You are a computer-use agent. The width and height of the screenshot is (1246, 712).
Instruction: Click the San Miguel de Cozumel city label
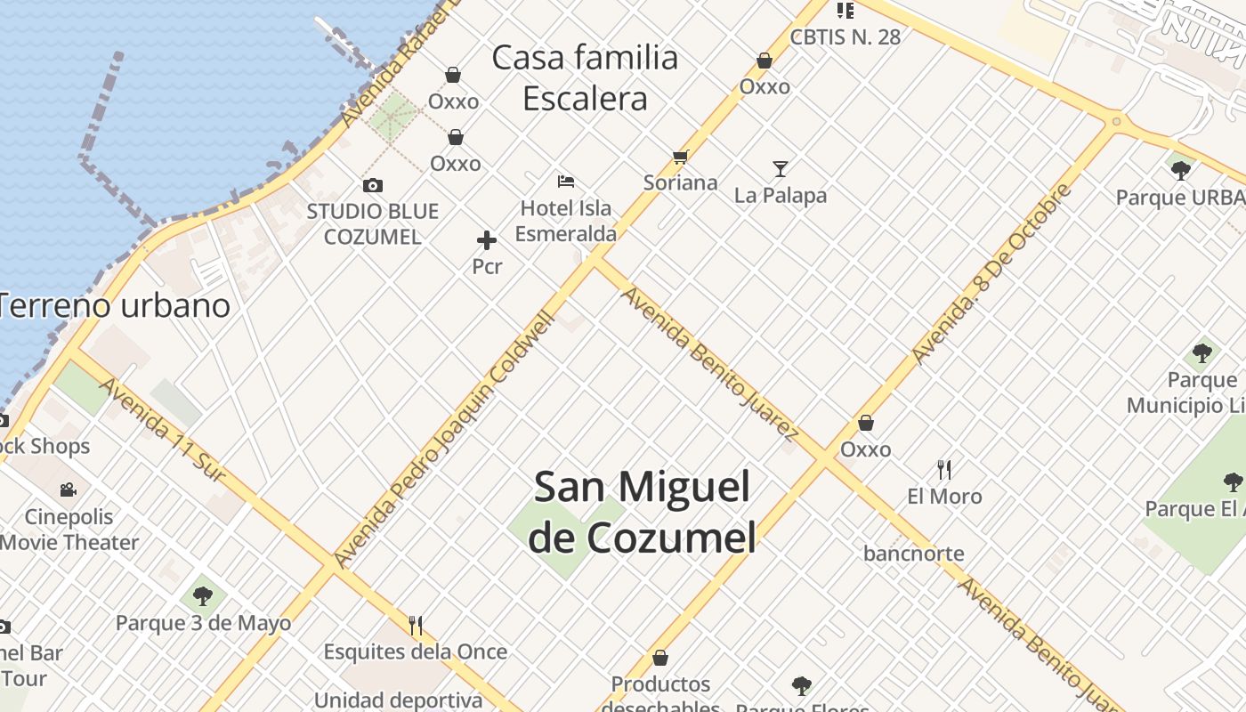click(x=643, y=512)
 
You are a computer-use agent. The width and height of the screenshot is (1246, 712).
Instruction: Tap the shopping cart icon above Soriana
click(x=681, y=158)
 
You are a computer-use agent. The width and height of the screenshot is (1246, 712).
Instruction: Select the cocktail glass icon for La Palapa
click(x=781, y=168)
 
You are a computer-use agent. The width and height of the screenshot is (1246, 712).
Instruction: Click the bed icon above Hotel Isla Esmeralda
click(x=565, y=182)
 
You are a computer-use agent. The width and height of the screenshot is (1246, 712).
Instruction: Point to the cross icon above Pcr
click(x=487, y=240)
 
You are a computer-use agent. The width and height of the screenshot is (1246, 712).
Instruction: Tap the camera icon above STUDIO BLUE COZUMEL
click(x=373, y=185)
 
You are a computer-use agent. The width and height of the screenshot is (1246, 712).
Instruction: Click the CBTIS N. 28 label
click(x=845, y=36)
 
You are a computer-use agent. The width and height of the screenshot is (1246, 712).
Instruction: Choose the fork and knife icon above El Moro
click(x=944, y=469)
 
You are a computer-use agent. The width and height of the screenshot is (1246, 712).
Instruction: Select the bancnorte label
click(x=913, y=554)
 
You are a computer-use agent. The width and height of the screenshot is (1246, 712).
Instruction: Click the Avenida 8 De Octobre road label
click(x=991, y=272)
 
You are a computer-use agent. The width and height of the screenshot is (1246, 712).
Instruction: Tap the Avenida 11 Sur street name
click(x=162, y=430)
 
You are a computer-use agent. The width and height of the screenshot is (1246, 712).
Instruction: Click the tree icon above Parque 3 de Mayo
click(x=203, y=595)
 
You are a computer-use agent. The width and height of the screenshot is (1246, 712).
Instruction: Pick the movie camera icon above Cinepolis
click(x=69, y=489)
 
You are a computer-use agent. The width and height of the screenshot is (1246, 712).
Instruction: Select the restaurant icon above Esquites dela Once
click(x=416, y=626)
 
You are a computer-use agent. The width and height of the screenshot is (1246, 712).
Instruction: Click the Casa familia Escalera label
click(x=585, y=77)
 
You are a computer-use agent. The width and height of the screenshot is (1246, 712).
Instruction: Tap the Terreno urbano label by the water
click(x=114, y=305)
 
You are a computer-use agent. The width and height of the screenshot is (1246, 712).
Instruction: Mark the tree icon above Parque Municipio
click(x=1202, y=352)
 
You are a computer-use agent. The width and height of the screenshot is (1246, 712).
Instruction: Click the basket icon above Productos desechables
click(x=660, y=658)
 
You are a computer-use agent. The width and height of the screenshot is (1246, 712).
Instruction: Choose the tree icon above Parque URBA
click(x=1181, y=170)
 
